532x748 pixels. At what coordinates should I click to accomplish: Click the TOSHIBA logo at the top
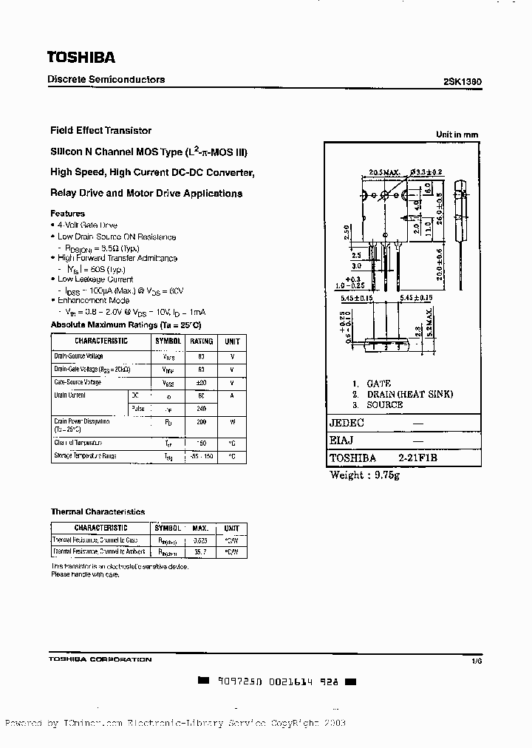tap(81, 57)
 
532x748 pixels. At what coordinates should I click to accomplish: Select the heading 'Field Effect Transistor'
tap(100, 130)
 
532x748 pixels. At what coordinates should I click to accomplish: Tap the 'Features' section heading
tap(67, 214)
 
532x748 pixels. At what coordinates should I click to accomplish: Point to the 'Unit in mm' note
tap(457, 135)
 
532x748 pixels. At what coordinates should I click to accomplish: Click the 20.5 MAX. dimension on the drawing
tap(384, 172)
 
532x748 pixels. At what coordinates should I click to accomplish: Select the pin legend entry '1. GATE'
tap(372, 384)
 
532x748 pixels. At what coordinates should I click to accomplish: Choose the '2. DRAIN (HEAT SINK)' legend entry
tap(403, 394)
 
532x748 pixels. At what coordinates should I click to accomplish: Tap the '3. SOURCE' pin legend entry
tap(378, 404)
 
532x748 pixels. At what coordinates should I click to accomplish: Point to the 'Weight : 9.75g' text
tap(364, 475)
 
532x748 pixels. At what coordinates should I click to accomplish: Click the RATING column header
tap(201, 341)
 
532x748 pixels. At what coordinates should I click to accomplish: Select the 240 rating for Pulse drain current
tap(201, 408)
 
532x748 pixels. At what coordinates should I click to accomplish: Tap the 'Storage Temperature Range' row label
tap(85, 457)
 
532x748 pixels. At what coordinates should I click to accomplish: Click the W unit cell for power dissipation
tap(232, 422)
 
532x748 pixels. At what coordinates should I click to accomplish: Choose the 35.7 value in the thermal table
tap(199, 552)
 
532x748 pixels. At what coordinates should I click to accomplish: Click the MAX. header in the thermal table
tap(199, 528)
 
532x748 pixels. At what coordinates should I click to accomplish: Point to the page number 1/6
tap(476, 659)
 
